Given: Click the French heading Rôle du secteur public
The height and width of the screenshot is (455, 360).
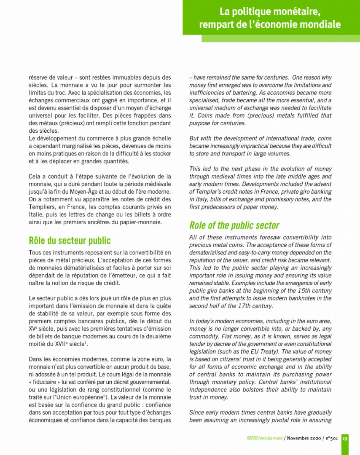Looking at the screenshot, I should (x=70, y=241).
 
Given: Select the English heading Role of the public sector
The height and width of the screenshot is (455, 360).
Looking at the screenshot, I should (x=234, y=225).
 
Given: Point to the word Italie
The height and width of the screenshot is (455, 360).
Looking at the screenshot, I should (x=37, y=214).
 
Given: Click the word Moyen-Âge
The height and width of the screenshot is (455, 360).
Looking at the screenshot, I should (x=90, y=192).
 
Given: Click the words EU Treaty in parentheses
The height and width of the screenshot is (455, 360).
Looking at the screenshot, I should (x=263, y=351).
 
